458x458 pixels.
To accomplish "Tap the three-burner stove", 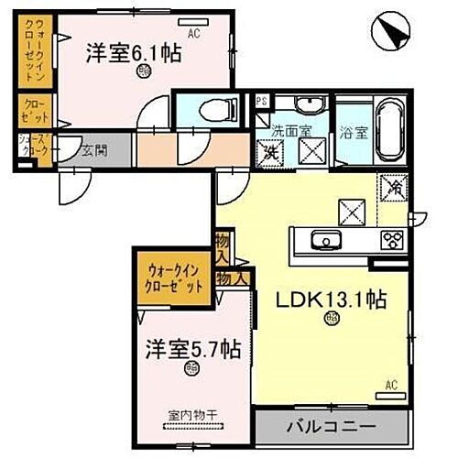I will pos(393,241).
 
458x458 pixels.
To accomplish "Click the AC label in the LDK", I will pos(390,385).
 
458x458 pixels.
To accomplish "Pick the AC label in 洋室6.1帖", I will pos(194,35).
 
